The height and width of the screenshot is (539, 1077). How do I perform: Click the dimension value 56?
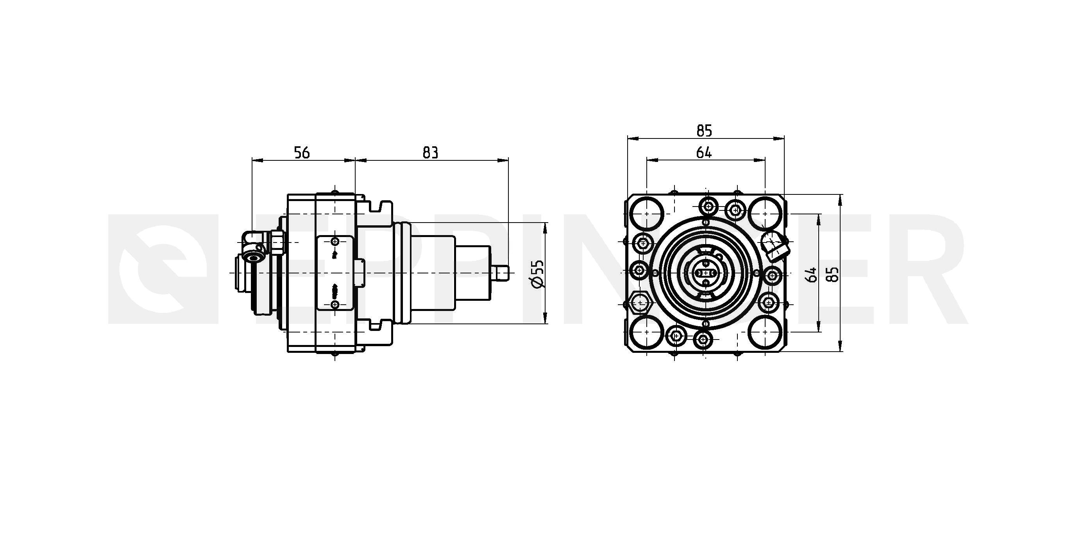302,153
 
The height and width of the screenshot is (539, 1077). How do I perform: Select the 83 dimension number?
430,153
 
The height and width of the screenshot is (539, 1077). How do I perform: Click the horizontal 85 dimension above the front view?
704,131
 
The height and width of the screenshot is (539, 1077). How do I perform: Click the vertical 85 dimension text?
833,274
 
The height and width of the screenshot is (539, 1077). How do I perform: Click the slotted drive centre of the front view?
705,273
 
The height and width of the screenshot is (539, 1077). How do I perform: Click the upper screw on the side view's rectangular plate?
335,242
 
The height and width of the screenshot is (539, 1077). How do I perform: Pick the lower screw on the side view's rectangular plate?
335,304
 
